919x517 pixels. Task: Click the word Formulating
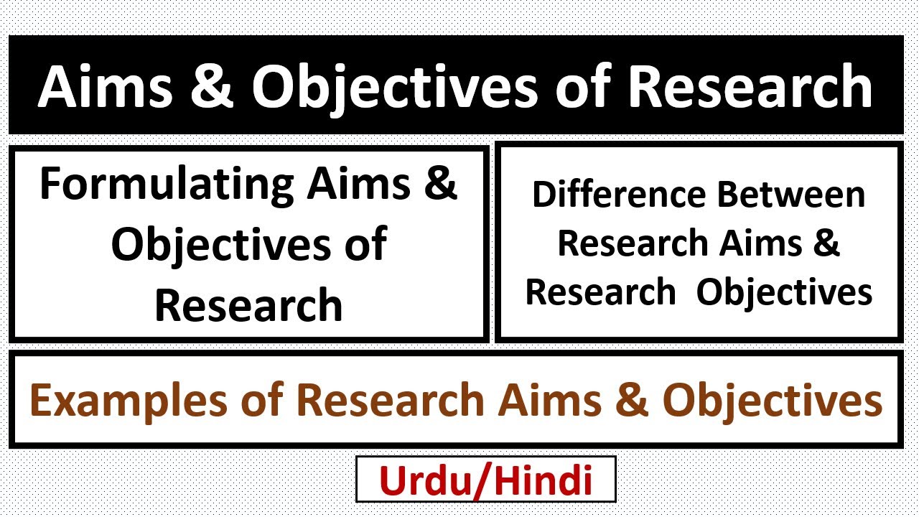pos(167,185)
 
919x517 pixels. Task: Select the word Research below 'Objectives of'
pos(248,304)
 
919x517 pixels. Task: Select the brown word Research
pos(391,401)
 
